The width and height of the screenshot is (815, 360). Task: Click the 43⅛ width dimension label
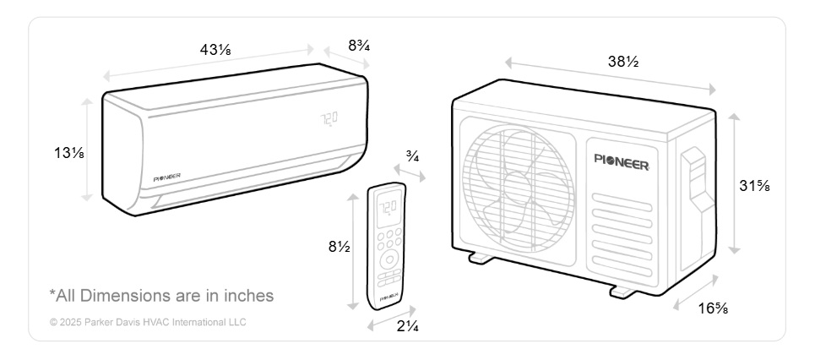pyautogui.click(x=215, y=50)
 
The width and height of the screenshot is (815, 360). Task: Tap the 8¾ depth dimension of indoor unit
pyautogui.click(x=359, y=46)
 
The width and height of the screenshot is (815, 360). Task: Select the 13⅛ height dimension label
pyautogui.click(x=69, y=153)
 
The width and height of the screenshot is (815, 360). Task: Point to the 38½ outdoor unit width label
pyautogui.click(x=623, y=62)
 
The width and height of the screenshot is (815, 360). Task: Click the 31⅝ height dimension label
pyautogui.click(x=754, y=185)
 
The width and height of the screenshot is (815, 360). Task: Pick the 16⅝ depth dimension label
pyautogui.click(x=713, y=308)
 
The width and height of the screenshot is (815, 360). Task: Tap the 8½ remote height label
pyautogui.click(x=339, y=247)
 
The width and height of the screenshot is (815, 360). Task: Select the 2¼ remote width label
pyautogui.click(x=408, y=327)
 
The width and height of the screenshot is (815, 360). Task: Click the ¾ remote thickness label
pyautogui.click(x=413, y=156)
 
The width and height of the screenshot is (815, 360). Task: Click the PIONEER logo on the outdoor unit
pyautogui.click(x=622, y=161)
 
